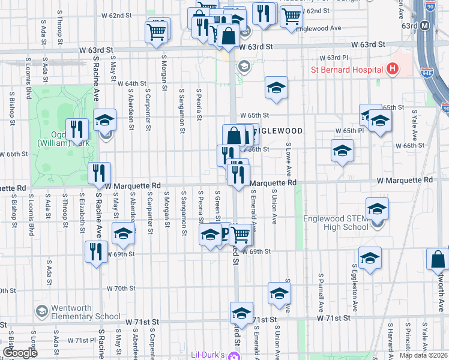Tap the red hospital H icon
click(x=392, y=69)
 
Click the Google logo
click(x=20, y=353)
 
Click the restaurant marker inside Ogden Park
click(x=77, y=128)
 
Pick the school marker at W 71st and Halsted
click(x=242, y=313)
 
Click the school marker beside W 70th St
click(x=279, y=293)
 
